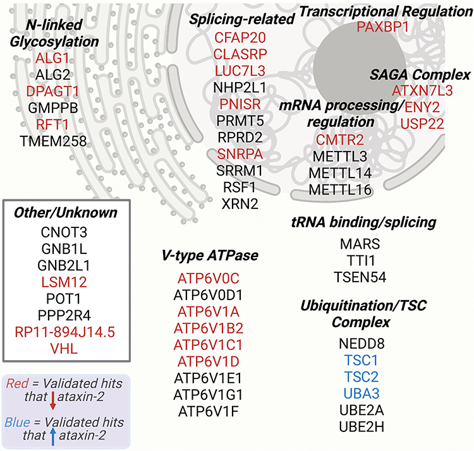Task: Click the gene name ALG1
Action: click(52, 59)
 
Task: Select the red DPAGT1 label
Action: click(52, 91)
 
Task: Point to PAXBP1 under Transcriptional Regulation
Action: click(383, 27)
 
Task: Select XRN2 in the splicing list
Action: click(240, 202)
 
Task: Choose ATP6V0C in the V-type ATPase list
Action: click(208, 279)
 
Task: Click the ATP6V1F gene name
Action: click(208, 411)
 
